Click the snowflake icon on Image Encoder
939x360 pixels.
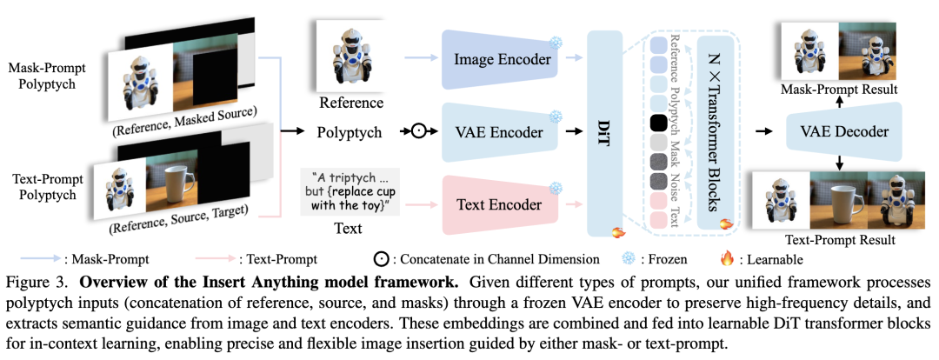pos(554,42)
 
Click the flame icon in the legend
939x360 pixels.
pos(728,258)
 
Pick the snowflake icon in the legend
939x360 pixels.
pos(630,258)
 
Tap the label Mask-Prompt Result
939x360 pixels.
pos(840,90)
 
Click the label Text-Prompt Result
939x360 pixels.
pos(839,238)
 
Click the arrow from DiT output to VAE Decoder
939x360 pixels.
pos(763,132)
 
